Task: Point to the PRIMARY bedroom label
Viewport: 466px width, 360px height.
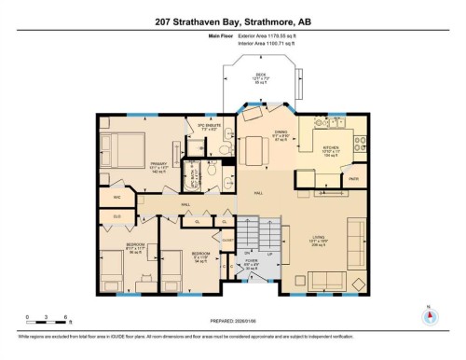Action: (158, 164)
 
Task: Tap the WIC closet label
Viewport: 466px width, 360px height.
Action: (117, 198)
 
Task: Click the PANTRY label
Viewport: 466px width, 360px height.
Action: (353, 177)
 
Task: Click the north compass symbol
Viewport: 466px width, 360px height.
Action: (428, 314)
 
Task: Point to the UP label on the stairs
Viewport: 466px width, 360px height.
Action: (270, 253)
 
